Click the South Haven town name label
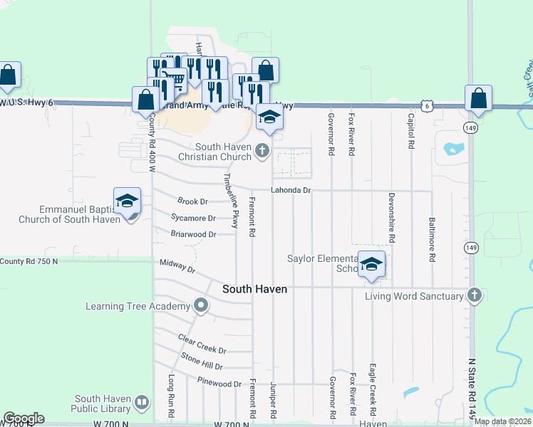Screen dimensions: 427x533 pos(254,289)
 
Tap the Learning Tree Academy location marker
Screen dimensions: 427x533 pos(201,306)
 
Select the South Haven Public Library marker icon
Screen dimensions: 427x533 pos(141,404)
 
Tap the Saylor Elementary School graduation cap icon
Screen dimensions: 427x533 pos(371,265)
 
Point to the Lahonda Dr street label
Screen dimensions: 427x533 pos(291,190)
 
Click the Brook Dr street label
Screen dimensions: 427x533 pos(192,202)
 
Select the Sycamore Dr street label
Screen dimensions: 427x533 pos(193,218)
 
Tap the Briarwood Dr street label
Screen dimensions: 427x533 pos(193,234)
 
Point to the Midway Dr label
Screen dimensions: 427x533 pos(177,266)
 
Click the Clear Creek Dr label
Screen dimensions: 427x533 pos(202,345)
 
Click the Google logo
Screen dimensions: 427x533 pos(24,418)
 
